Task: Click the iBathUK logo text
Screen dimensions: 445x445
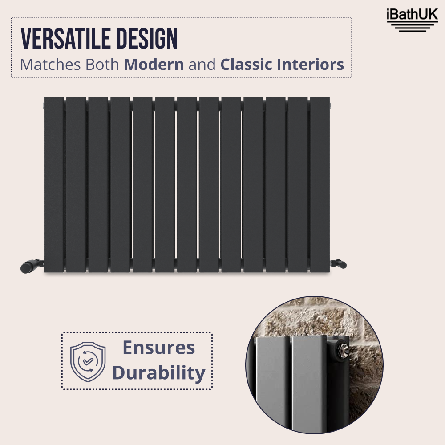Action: pos(413,15)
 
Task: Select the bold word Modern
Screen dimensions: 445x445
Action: pos(154,65)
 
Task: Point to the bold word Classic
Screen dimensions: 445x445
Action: pos(247,65)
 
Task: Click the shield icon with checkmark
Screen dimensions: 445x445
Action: pos(88,361)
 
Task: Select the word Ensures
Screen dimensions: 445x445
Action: pos(159,348)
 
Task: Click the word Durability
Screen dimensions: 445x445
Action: pos(159,373)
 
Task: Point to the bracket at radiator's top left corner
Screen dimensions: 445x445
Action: pos(43,105)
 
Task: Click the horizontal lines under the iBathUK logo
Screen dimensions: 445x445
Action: pos(413,27)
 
